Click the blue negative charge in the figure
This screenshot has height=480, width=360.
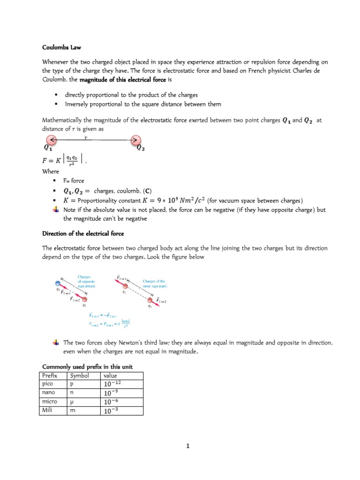58,283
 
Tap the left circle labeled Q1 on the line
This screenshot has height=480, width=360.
52,140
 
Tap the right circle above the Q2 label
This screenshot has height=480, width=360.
135,140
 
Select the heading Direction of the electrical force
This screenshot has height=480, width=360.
83,233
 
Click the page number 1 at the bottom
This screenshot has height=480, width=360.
187,446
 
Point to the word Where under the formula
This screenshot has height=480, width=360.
51,172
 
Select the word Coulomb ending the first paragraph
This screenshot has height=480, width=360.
55,80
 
